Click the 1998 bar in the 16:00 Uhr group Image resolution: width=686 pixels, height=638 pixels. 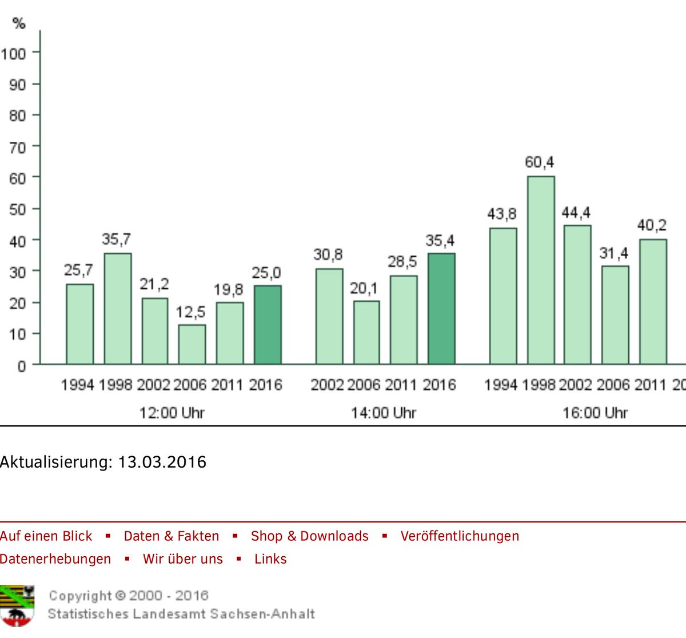coord(540,270)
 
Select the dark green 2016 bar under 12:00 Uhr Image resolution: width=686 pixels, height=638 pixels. coord(268,325)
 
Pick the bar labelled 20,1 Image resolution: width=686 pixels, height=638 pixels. coord(366,332)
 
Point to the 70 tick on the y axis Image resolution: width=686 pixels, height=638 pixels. coord(17,147)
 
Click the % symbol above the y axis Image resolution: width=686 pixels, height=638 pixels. coord(19,23)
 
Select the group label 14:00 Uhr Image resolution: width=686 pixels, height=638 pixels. coord(384,413)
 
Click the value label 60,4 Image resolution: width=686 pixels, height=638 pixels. coord(539,163)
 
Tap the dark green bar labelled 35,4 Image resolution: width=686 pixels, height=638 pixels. coord(441,309)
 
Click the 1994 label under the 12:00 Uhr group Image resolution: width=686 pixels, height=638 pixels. coord(77,385)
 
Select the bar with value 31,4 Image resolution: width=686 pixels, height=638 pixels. coord(615,314)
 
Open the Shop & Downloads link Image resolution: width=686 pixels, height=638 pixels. coord(309,536)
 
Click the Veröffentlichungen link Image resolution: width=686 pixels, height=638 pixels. coord(460,536)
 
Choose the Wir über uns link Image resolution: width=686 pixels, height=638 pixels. coord(182,559)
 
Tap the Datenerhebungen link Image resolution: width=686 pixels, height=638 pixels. coord(55,559)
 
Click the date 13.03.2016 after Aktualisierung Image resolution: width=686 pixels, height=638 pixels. coord(162,462)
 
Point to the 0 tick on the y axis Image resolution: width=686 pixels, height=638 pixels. coord(21,366)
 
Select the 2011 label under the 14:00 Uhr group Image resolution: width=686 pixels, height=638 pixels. coord(401,385)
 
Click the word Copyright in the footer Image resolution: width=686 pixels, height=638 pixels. coord(80,596)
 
